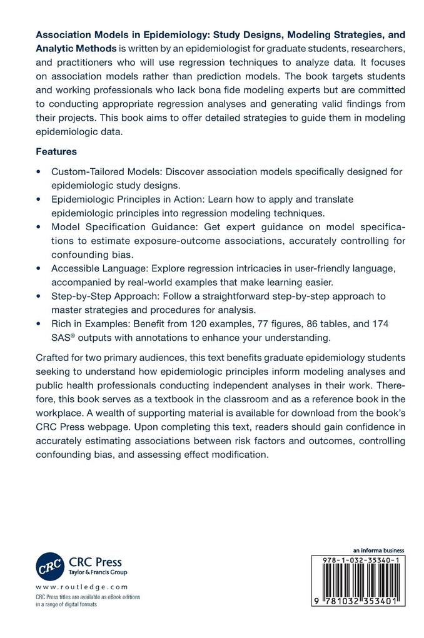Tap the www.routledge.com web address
82,587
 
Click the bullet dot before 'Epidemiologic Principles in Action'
39,199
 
